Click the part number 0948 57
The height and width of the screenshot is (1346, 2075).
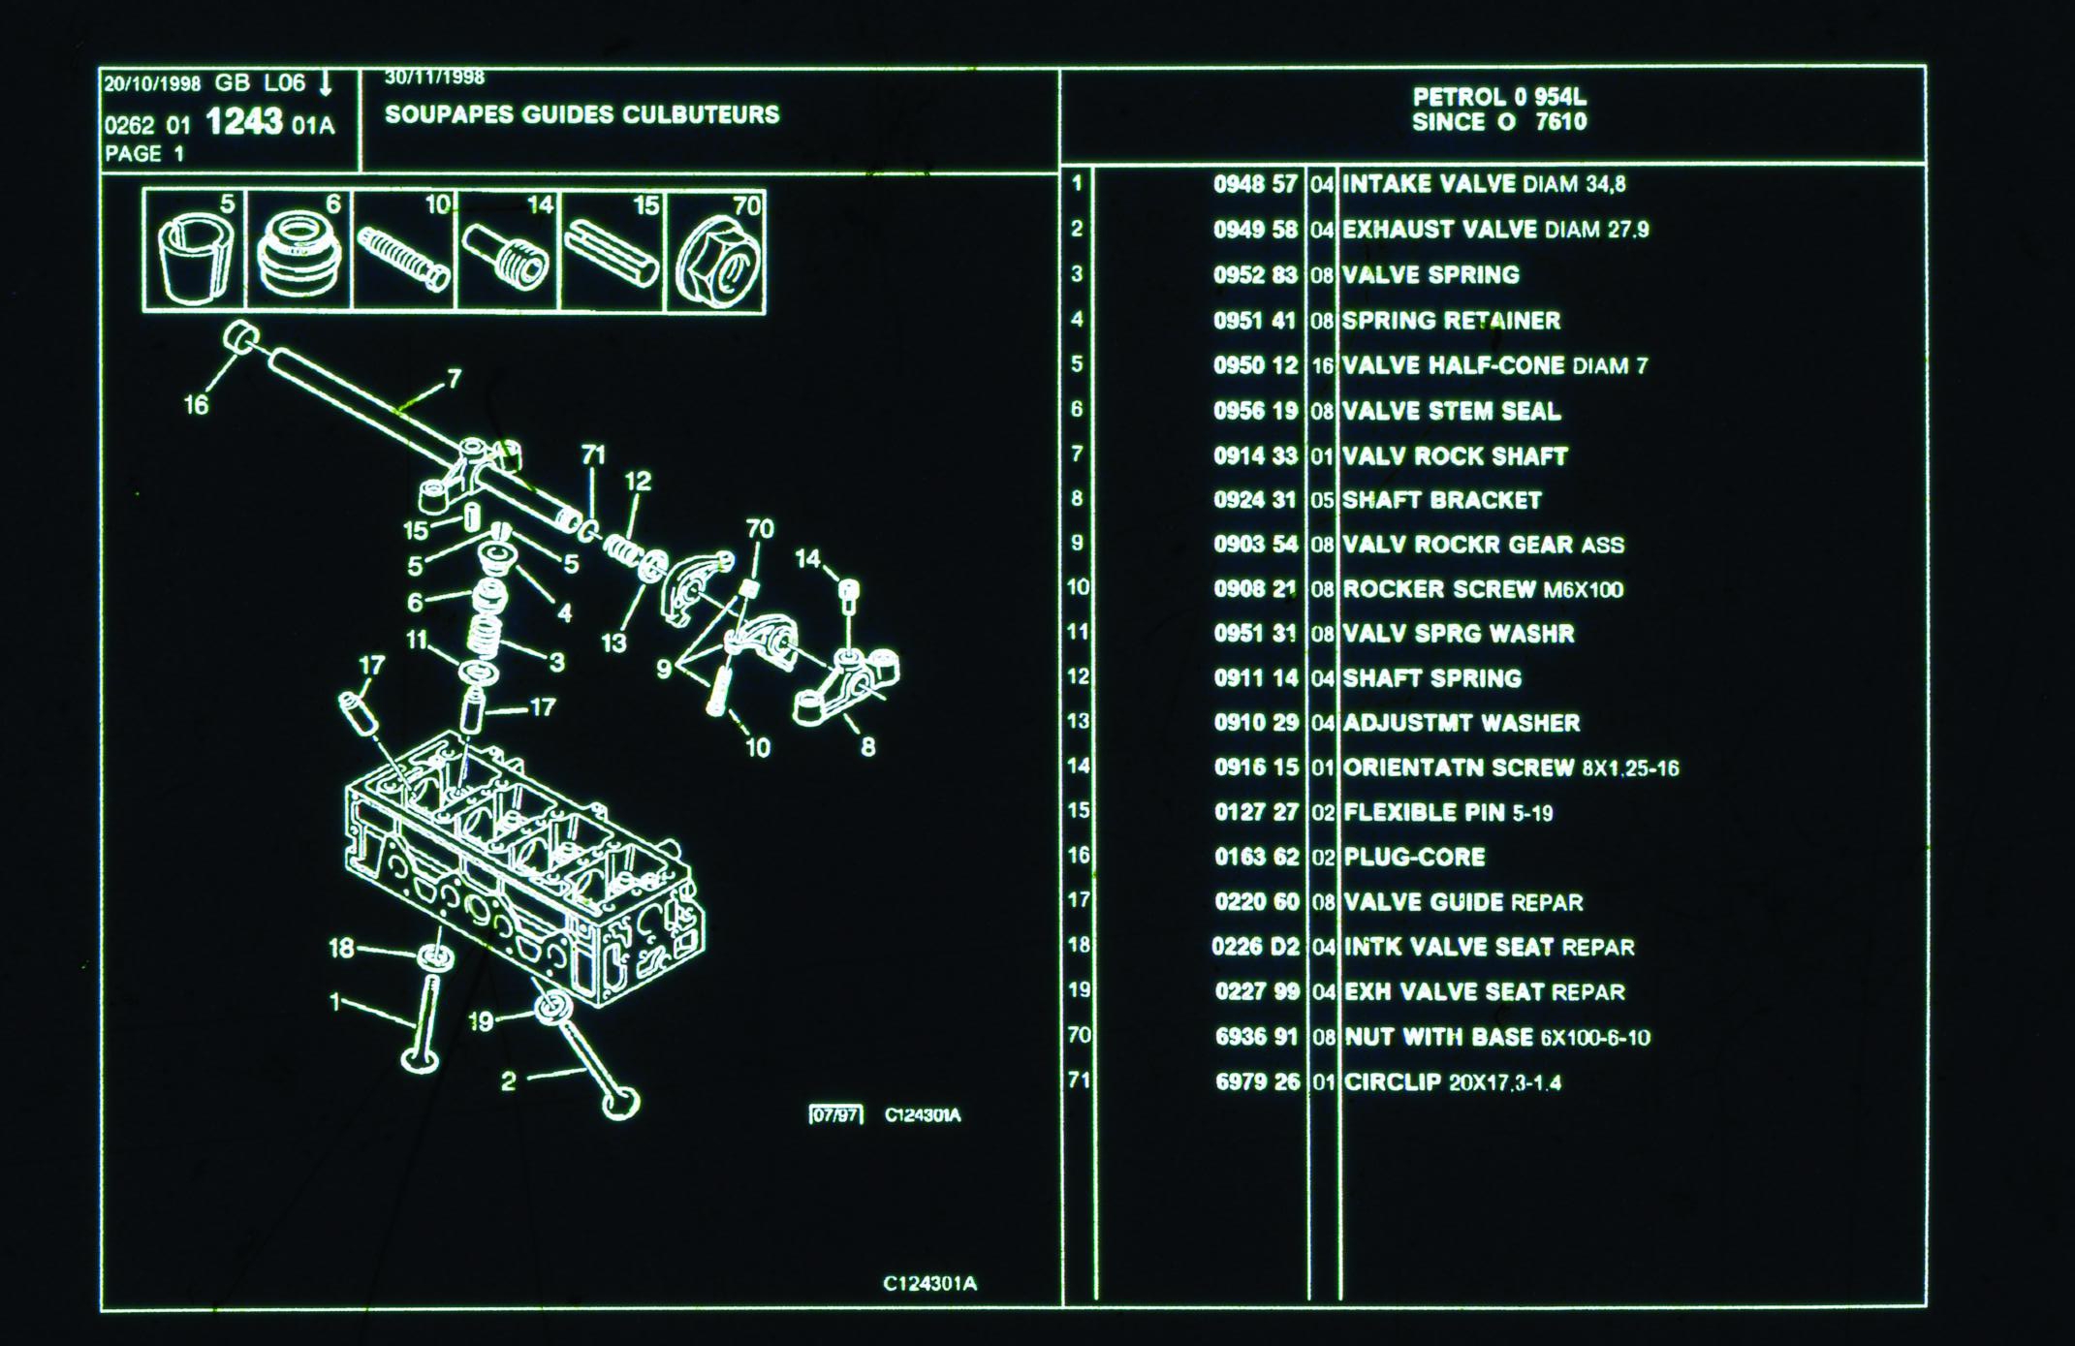1254,184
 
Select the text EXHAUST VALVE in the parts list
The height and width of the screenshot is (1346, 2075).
1438,230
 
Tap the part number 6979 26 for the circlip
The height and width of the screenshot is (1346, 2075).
1257,1081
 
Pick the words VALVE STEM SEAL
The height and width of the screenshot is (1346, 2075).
1451,411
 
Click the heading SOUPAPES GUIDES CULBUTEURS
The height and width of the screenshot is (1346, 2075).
582,114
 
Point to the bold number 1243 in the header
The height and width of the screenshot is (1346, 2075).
244,122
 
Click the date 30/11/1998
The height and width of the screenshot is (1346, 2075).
434,78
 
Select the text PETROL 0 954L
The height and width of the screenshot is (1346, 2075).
1498,97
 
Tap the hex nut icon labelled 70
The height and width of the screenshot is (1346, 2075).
717,260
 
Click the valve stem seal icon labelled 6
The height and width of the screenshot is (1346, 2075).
299,257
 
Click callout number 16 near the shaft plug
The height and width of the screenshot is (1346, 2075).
196,405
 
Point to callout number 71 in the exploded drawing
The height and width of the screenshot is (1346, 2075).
593,454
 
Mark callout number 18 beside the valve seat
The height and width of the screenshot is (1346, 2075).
341,947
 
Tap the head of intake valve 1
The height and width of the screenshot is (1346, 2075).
420,1059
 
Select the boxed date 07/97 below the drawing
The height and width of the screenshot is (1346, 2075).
835,1115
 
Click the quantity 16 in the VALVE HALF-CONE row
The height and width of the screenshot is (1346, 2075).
1322,366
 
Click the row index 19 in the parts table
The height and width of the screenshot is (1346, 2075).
1079,989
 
